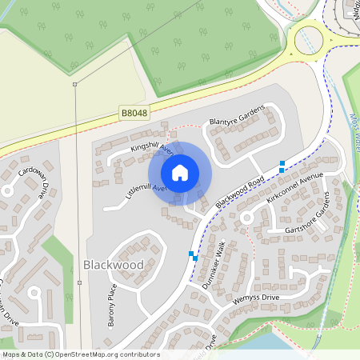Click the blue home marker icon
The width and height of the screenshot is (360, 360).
coord(180,172)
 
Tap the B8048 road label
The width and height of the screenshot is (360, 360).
coord(134,114)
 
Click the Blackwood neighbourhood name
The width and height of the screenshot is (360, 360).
coord(113,264)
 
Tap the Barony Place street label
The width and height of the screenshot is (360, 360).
coord(112,306)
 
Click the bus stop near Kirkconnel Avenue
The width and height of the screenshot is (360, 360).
coord(282,166)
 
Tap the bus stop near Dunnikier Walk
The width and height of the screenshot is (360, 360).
coord(192,255)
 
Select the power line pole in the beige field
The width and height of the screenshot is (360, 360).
coord(74,84)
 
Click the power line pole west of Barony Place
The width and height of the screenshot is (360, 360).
coord(79,282)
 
